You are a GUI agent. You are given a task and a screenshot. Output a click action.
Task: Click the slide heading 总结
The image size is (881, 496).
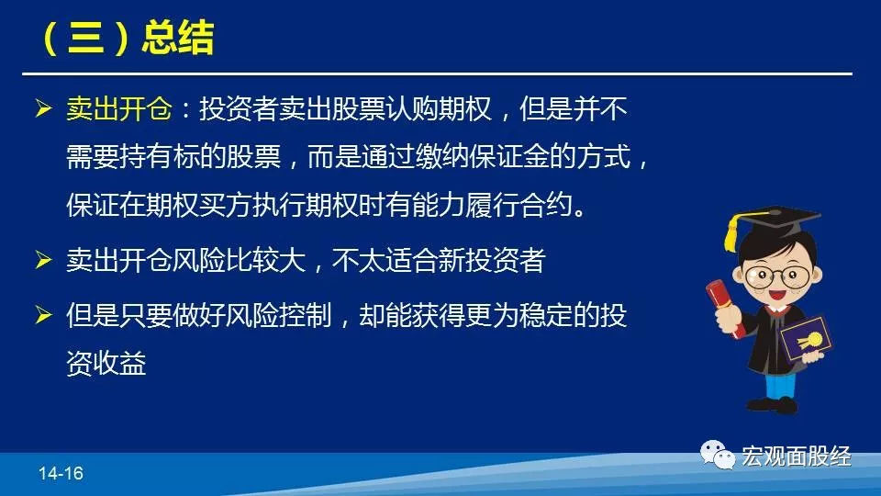click(178, 39)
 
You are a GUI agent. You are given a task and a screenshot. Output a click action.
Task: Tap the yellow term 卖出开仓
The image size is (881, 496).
click(119, 108)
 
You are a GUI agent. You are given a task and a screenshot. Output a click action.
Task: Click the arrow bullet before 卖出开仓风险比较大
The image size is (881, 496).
click(43, 260)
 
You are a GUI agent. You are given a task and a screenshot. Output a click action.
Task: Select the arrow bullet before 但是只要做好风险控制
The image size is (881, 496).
click(43, 314)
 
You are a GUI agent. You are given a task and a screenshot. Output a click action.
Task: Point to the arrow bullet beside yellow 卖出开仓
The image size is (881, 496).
click(43, 108)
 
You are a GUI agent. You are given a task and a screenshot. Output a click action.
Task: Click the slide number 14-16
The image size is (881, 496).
click(61, 474)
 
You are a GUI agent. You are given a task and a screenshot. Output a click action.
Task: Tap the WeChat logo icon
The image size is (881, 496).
click(717, 455)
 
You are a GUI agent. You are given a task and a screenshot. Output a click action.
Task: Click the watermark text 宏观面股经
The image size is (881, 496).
click(797, 457)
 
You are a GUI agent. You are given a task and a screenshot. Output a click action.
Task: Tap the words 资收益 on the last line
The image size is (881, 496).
click(106, 363)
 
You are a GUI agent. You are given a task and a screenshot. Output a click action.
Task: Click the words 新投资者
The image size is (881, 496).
click(492, 260)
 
